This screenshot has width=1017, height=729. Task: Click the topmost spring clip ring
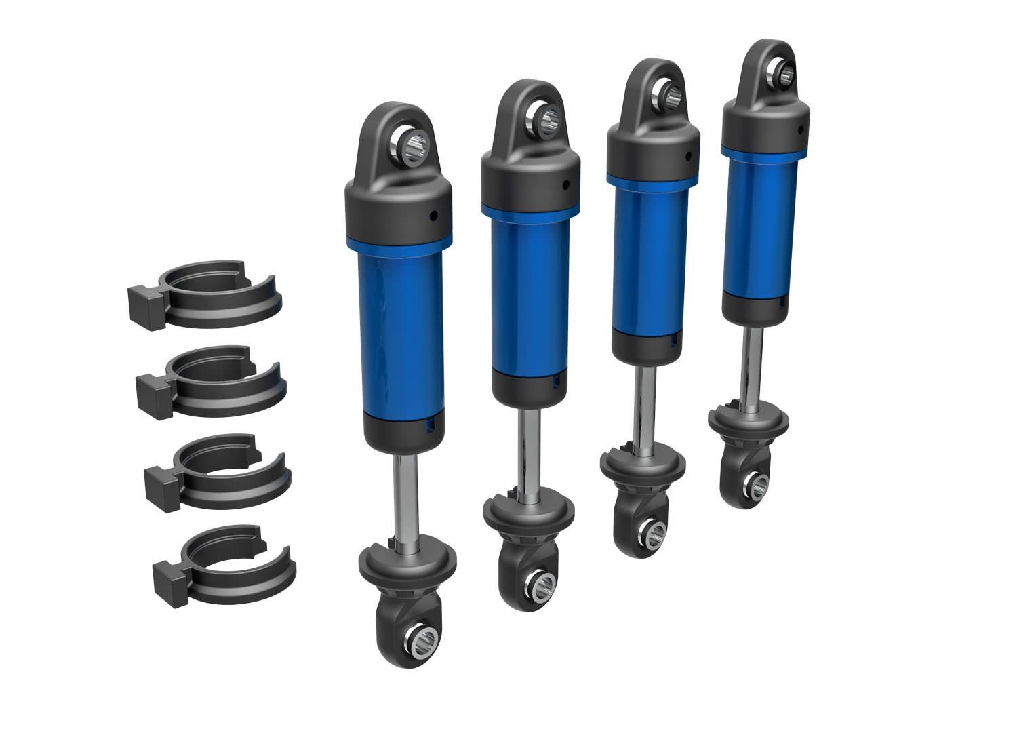click(x=210, y=298)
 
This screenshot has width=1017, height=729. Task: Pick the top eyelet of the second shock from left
click(x=536, y=119)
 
